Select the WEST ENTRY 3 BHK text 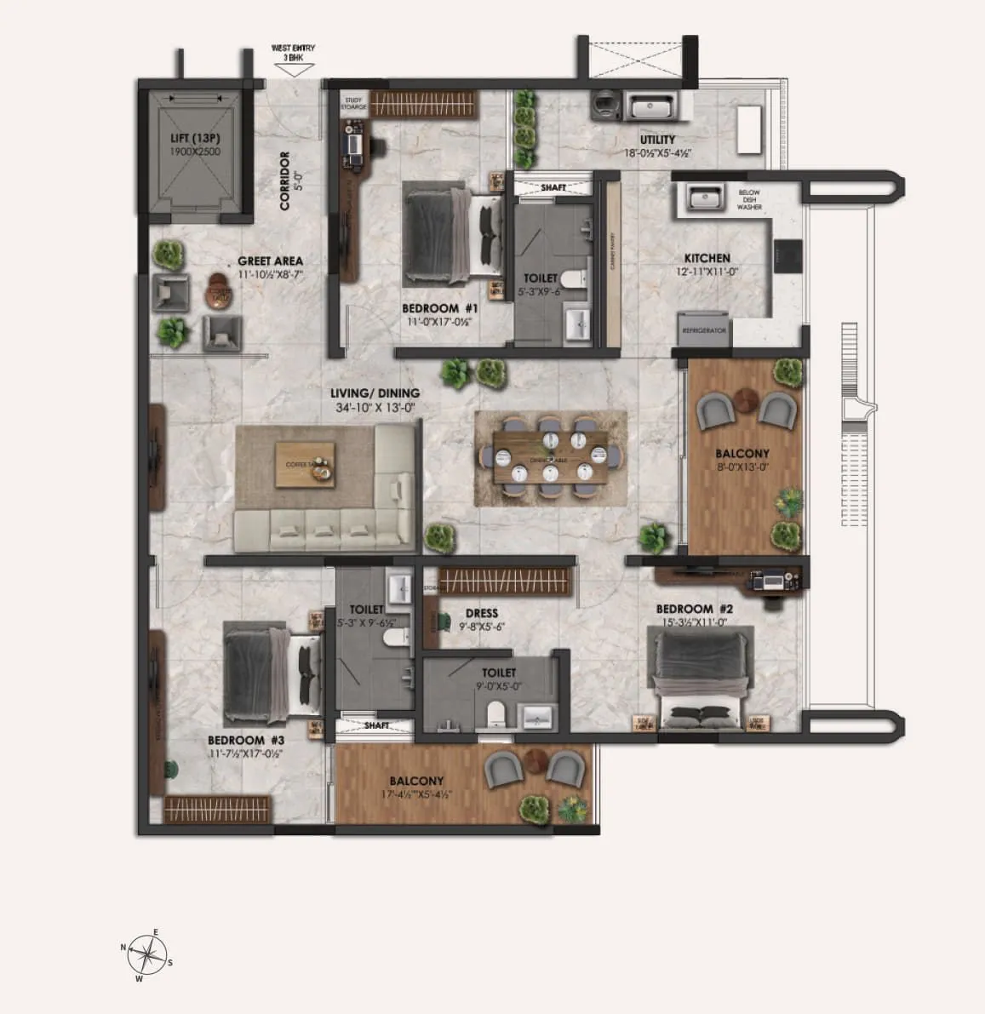tap(293, 52)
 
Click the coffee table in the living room tap(304, 464)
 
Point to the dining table tap(551, 461)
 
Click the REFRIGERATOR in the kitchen tap(704, 329)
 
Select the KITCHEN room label tap(707, 258)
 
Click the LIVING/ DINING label tap(375, 393)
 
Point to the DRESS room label tap(482, 613)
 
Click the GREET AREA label tap(270, 261)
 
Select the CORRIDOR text tap(285, 180)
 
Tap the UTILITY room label tap(657, 140)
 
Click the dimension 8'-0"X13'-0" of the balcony tap(742, 467)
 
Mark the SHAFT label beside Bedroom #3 tap(376, 725)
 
